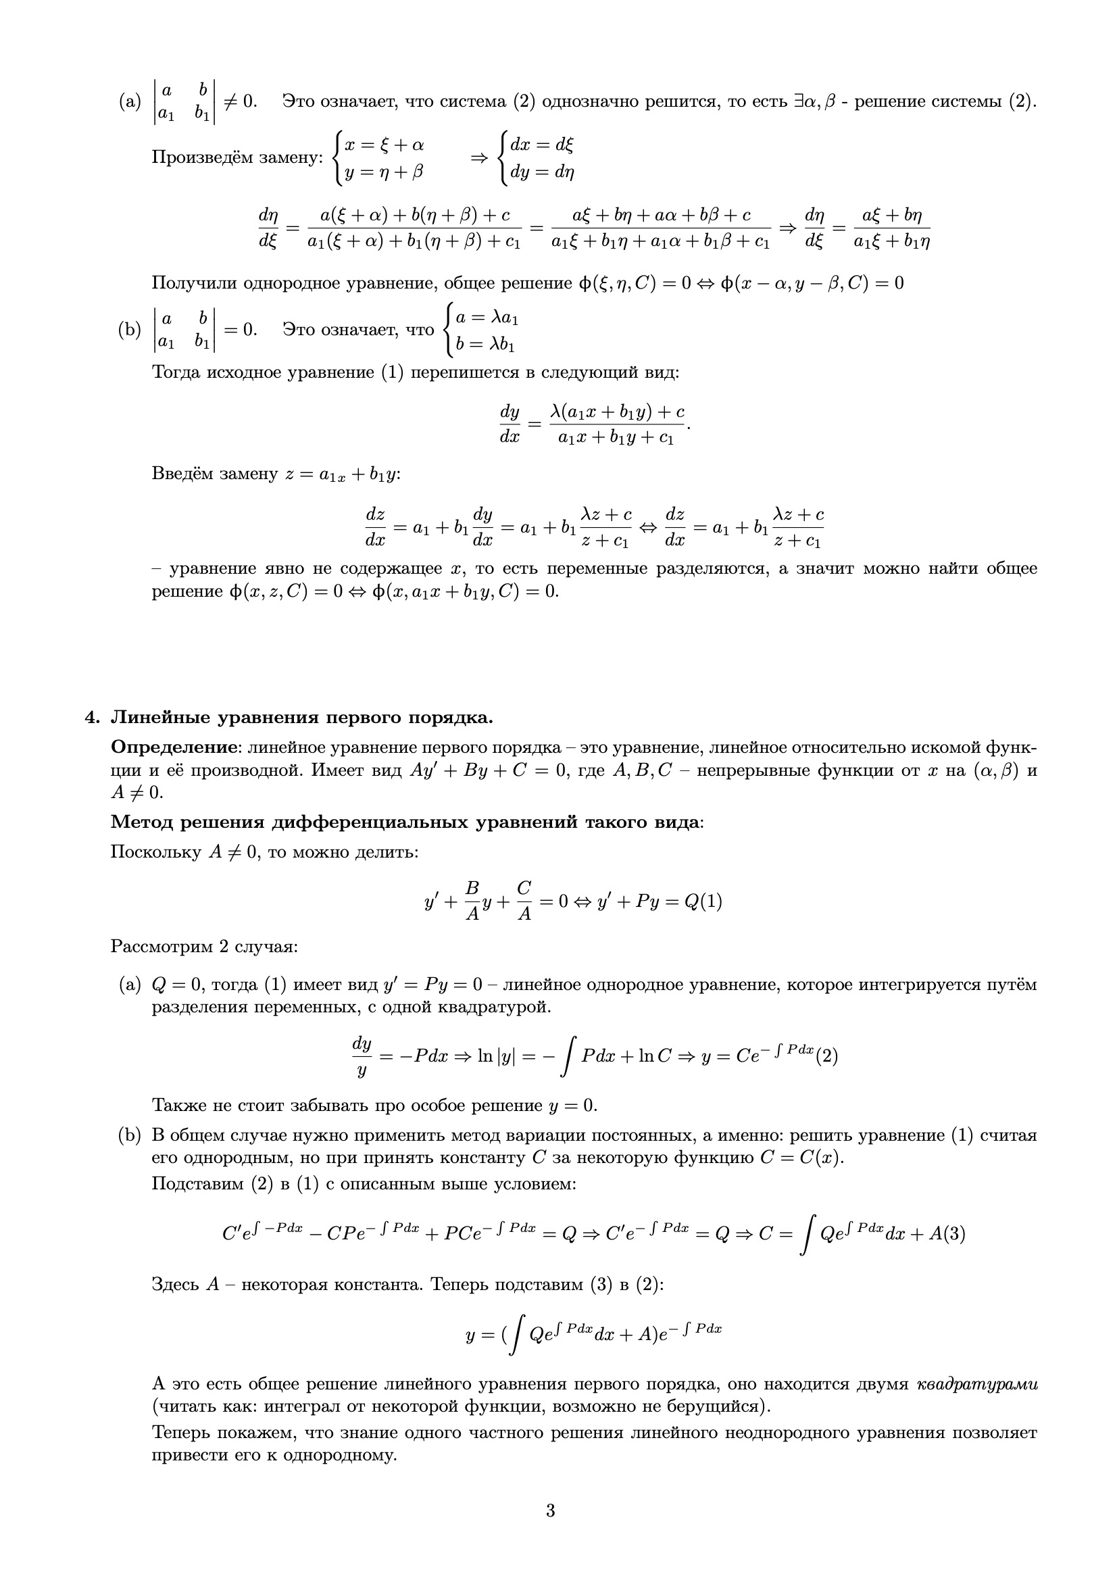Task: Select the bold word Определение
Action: tap(174, 747)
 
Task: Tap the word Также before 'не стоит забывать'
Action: tap(172, 1106)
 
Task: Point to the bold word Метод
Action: tap(142, 822)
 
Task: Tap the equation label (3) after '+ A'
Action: tap(954, 1235)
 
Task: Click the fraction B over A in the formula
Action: tap(472, 901)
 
